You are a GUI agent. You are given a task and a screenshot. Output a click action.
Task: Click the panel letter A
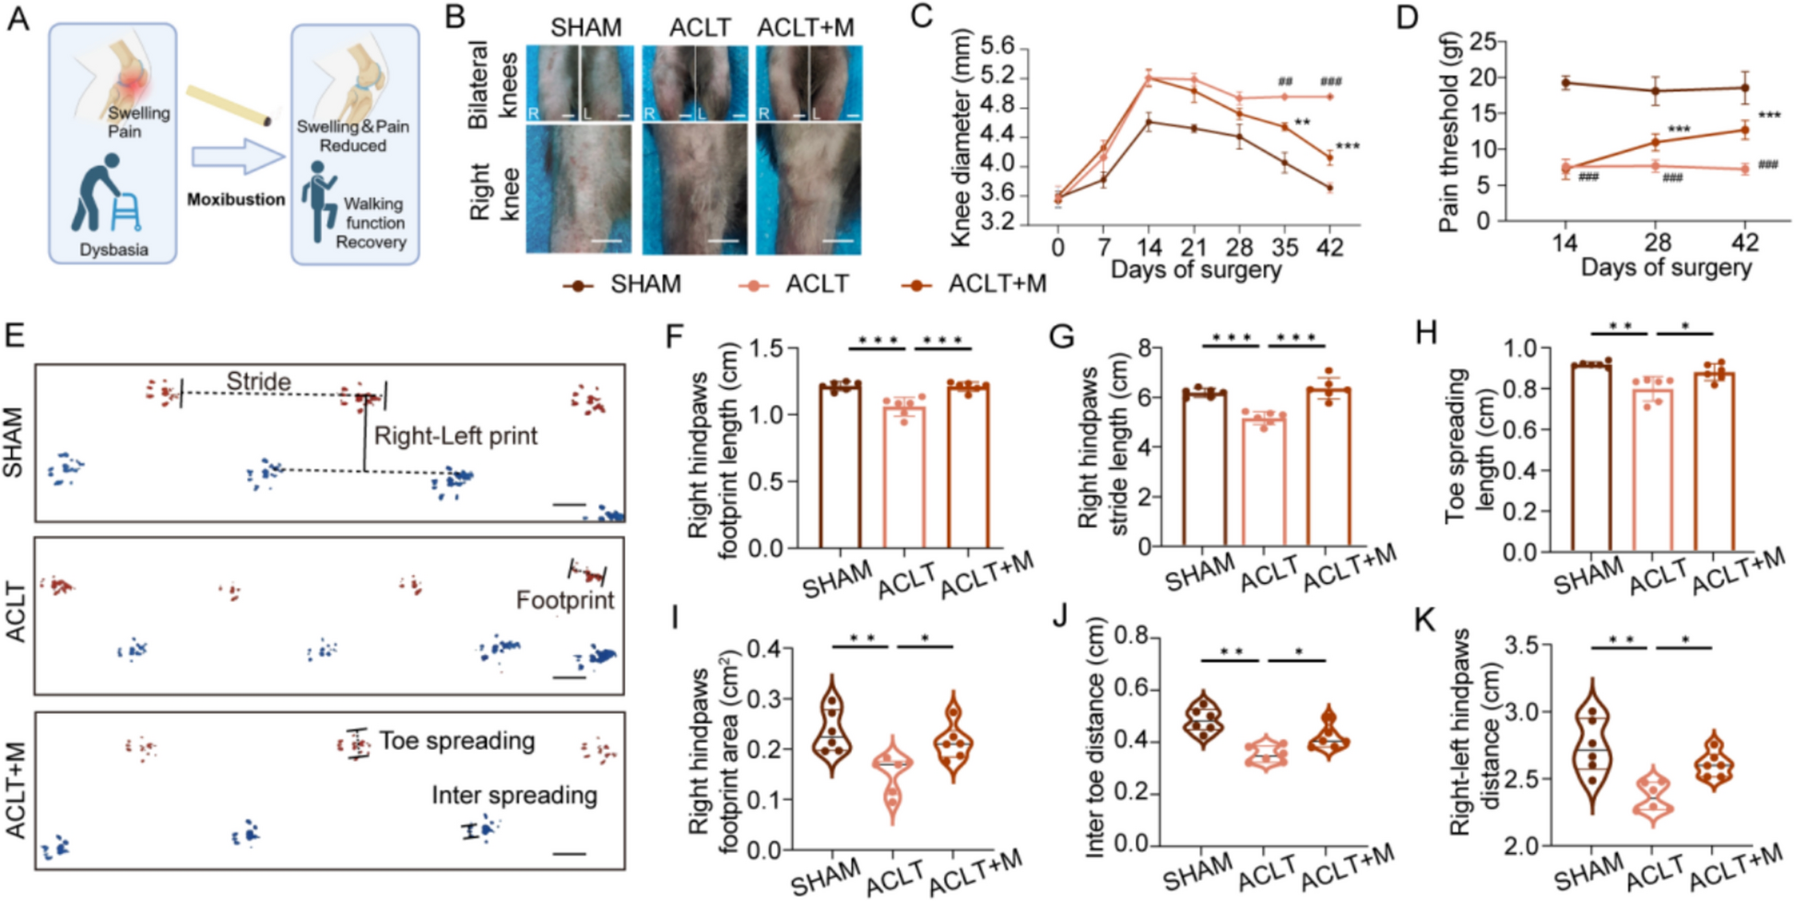coord(18,18)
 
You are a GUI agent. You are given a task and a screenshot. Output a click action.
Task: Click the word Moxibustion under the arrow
coord(236,199)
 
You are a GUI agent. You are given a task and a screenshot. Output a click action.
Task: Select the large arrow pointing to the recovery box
coord(238,157)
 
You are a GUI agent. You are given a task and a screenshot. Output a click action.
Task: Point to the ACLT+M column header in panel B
coord(805,29)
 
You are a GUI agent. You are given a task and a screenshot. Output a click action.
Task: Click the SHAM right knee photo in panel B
coord(579,189)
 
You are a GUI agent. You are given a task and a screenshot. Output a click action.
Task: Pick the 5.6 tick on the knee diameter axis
coord(997,46)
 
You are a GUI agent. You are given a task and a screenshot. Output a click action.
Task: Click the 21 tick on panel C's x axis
coord(1194,247)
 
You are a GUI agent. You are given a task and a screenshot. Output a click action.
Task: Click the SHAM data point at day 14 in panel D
coord(1565,83)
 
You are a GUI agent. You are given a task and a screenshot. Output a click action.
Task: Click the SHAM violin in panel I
coord(832,728)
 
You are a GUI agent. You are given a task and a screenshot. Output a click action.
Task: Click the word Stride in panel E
coord(258,380)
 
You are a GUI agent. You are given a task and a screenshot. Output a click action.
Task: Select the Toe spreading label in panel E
coord(456,741)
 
